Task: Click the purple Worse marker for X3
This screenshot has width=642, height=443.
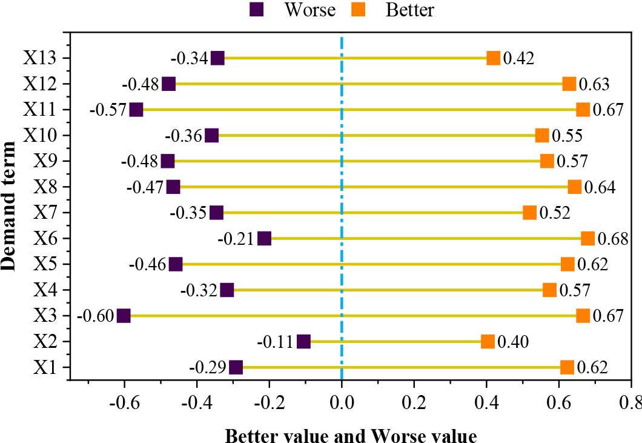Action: click(124, 316)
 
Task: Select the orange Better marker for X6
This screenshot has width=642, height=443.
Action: click(587, 238)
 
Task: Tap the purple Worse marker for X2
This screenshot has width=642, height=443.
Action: click(304, 342)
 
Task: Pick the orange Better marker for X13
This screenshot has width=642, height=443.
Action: click(494, 58)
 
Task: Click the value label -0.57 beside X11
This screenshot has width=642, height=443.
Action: click(108, 110)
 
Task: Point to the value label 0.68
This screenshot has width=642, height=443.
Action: click(613, 239)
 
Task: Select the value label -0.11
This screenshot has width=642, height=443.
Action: click(276, 342)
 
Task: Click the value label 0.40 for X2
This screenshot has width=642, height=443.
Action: click(513, 342)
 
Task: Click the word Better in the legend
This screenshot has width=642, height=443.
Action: click(409, 10)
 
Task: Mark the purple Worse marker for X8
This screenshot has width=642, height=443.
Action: click(173, 187)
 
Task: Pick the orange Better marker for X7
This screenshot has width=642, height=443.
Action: click(529, 213)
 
